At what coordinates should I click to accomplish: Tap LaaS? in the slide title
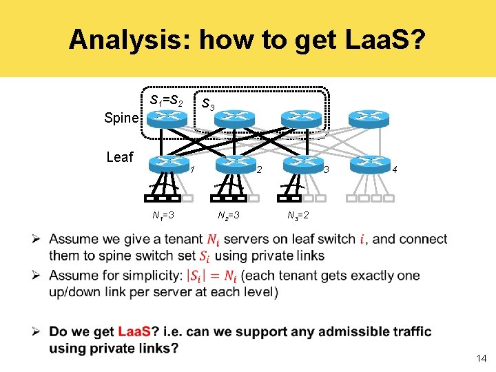point(376,40)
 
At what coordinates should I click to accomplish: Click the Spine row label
point(121,118)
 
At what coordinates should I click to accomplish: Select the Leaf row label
point(120,157)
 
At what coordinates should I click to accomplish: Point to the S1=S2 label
point(166,101)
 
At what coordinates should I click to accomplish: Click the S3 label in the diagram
point(208,105)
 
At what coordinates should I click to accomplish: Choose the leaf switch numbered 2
point(236,163)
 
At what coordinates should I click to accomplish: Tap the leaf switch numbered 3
point(302,163)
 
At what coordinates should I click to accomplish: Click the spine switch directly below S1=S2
point(167,118)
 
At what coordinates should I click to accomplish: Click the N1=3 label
point(163,216)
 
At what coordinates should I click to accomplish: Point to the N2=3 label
point(228,216)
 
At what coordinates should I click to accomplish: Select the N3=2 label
point(298,216)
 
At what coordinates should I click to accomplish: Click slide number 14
point(480,358)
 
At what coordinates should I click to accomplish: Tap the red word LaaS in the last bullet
point(134,332)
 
